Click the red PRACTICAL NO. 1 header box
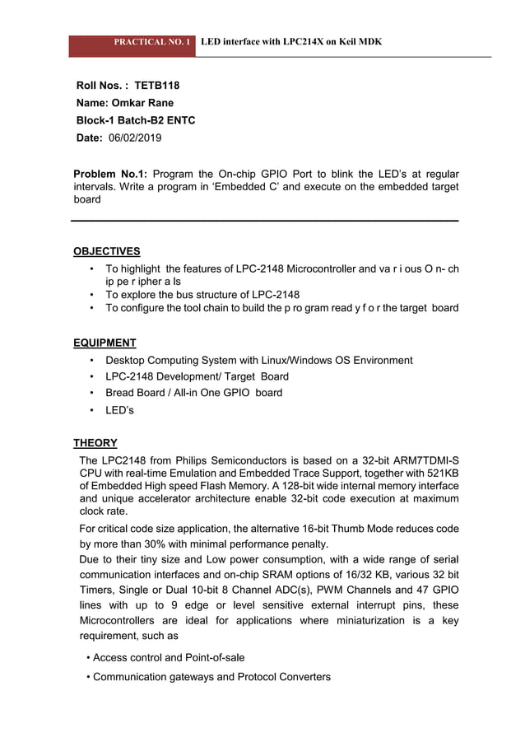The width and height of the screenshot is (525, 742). tap(132, 42)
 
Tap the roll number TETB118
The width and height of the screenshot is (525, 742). tap(156, 86)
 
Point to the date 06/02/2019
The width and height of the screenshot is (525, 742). tap(135, 138)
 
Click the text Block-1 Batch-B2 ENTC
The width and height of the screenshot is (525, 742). tap(136, 120)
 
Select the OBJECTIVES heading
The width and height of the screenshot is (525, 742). tap(106, 251)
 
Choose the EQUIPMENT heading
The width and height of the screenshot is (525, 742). tap(105, 343)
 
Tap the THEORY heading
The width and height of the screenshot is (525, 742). tap(95, 442)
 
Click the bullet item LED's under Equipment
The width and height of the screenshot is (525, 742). tap(119, 410)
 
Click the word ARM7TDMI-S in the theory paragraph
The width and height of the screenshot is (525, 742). tap(422, 460)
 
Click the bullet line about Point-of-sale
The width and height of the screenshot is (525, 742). tap(168, 657)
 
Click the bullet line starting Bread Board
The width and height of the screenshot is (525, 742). tap(193, 393)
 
